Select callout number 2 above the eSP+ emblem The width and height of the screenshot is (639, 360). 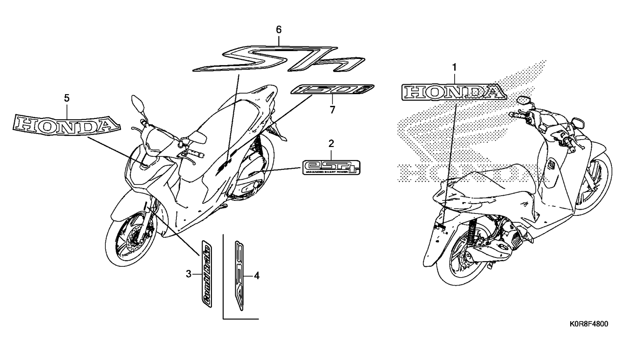[331, 142]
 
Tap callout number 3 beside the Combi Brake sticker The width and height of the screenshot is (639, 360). [189, 274]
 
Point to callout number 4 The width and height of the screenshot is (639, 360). [256, 276]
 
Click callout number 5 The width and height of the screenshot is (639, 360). [66, 98]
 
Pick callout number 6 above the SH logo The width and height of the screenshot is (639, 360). [279, 29]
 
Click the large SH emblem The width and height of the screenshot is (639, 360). [279, 59]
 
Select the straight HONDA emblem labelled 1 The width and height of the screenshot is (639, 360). [454, 92]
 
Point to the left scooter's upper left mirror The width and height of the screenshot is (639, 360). [139, 102]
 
